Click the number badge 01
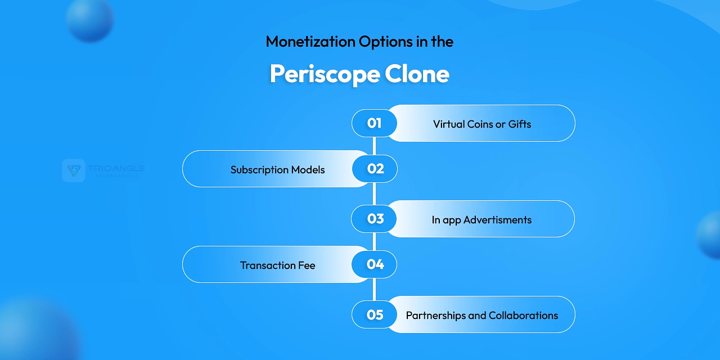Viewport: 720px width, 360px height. [375, 123]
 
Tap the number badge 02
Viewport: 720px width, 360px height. [375, 169]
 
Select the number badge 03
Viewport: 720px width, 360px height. [375, 219]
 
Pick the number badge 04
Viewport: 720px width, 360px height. [375, 264]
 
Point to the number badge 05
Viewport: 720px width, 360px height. [375, 314]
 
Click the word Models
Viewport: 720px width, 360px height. [308, 170]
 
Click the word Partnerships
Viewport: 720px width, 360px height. [436, 316]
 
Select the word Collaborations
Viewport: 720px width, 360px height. [523, 316]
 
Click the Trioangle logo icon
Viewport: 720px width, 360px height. [74, 170]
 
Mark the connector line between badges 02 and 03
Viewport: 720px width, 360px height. [374, 194]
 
